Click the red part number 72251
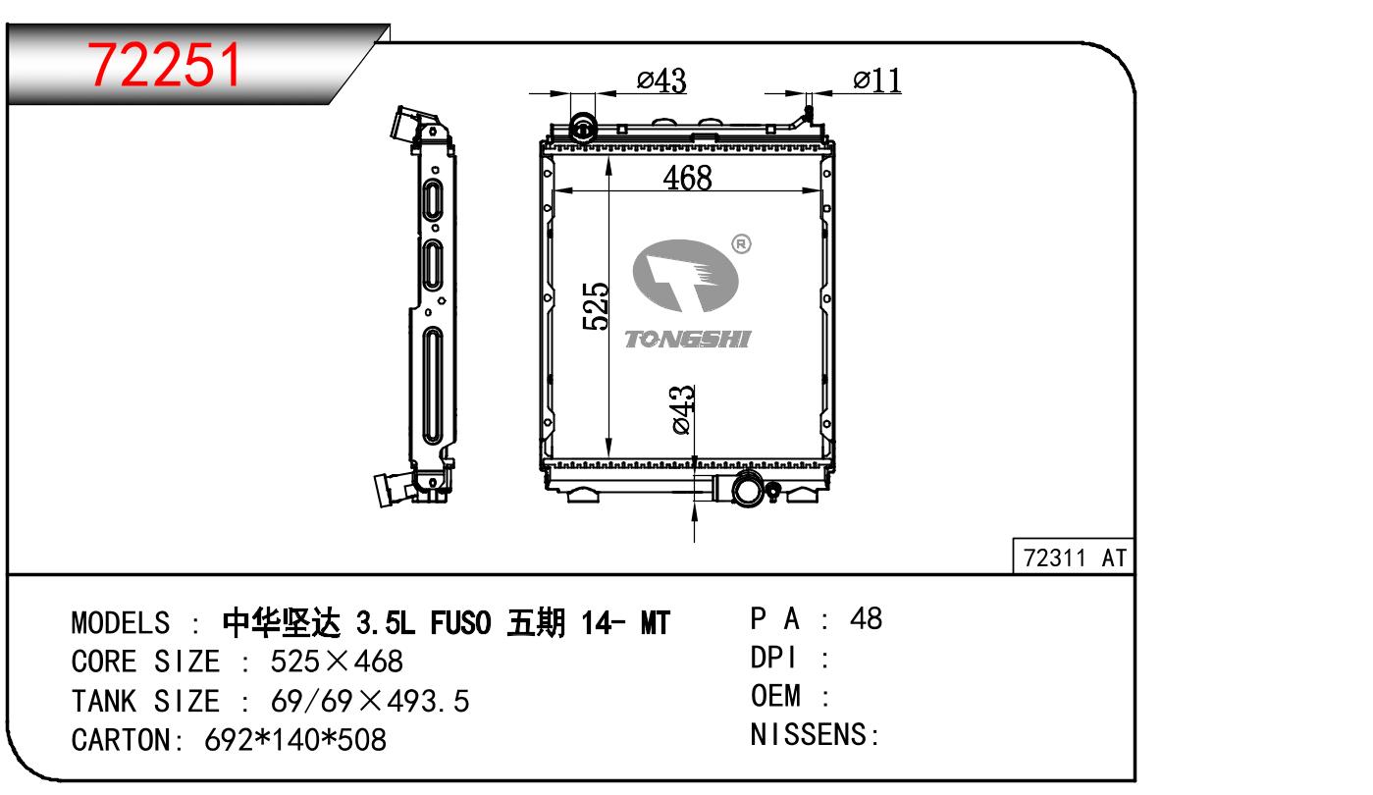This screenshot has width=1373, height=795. [164, 65]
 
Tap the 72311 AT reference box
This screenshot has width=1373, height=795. [1074, 556]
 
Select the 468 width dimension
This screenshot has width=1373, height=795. [687, 179]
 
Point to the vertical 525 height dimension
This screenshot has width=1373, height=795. [596, 306]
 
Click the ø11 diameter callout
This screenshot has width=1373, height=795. [877, 80]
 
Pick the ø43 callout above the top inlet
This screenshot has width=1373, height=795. [661, 80]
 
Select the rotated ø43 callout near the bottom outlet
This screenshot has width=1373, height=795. [683, 409]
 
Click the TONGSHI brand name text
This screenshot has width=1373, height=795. [688, 339]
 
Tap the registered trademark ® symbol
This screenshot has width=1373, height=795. [742, 244]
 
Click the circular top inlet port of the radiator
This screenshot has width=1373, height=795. [583, 129]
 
